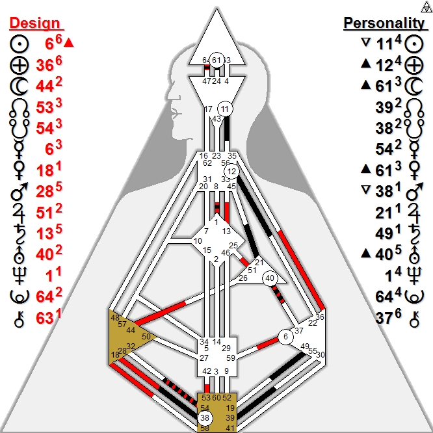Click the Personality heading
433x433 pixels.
[384, 23]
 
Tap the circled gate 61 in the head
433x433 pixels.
[217, 60]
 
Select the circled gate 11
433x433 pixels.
[225, 109]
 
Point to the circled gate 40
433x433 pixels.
[270, 278]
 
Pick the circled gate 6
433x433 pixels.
[285, 337]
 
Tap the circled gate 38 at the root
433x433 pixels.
[205, 418]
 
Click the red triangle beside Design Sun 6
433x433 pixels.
[70, 43]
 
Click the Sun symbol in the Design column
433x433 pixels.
[20, 44]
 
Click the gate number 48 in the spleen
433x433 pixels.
[116, 317]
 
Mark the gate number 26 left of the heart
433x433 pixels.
[243, 278]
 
